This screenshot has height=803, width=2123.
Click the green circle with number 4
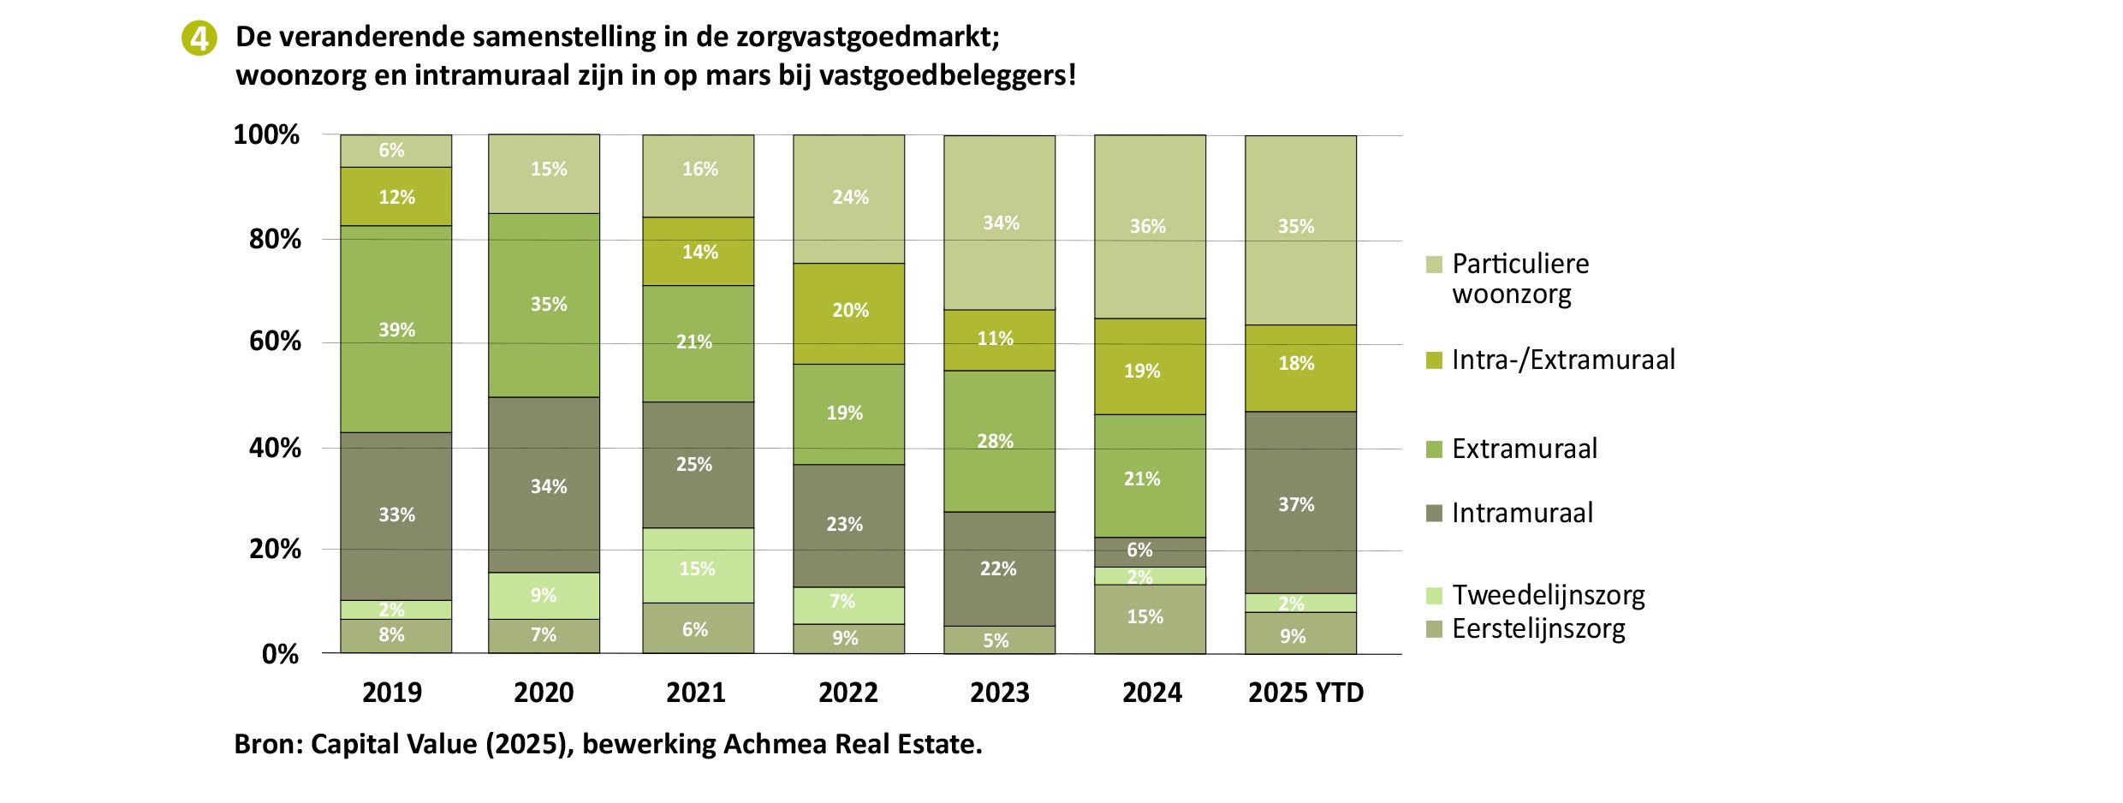[x=199, y=39]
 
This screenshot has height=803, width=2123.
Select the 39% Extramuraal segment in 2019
[x=395, y=329]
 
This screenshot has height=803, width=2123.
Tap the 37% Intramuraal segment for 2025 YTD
[x=1300, y=503]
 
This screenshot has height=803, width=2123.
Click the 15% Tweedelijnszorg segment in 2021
[x=699, y=565]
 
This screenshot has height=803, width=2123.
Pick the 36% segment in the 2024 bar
[x=1150, y=227]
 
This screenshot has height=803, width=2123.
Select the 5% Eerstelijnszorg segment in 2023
[x=999, y=639]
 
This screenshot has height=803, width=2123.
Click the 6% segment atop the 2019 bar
[x=395, y=151]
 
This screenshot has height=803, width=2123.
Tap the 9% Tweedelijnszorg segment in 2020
[x=544, y=595]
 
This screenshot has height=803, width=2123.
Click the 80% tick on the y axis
[x=275, y=239]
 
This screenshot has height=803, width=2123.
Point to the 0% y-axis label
[x=280, y=654]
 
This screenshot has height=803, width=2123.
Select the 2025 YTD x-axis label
[x=1305, y=692]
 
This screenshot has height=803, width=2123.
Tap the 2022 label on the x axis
[x=848, y=692]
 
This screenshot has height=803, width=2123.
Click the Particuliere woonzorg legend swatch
[x=1435, y=264]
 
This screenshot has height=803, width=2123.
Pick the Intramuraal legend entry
[x=1510, y=513]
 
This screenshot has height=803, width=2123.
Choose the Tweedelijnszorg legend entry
[x=1536, y=595]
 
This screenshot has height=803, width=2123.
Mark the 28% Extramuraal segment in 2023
[x=999, y=441]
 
